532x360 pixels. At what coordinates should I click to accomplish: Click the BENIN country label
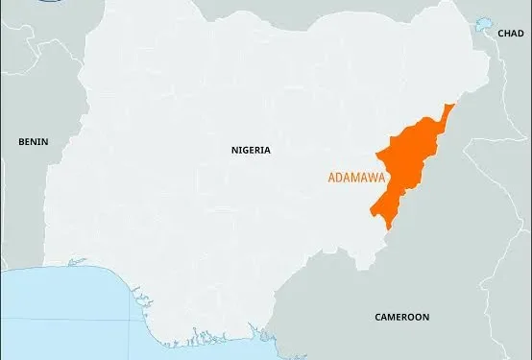pyautogui.click(x=33, y=141)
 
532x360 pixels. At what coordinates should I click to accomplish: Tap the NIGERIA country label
pyautogui.click(x=251, y=150)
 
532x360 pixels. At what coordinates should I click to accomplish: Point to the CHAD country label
pyautogui.click(x=510, y=34)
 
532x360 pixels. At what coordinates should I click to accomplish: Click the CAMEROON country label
pyautogui.click(x=401, y=317)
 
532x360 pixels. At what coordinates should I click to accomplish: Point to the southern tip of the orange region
pyautogui.click(x=386, y=228)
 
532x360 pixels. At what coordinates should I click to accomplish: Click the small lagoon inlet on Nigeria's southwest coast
pyautogui.click(x=77, y=262)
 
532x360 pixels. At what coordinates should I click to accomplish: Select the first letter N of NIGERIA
pyautogui.click(x=234, y=150)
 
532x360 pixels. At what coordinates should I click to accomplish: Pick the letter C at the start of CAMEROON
pyautogui.click(x=376, y=317)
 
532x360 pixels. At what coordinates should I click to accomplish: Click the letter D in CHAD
pyautogui.click(x=520, y=34)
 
